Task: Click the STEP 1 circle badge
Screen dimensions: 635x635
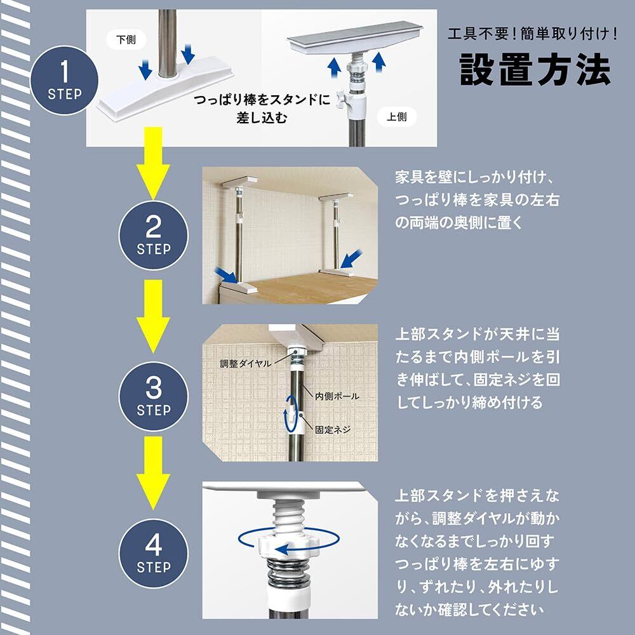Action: (64, 80)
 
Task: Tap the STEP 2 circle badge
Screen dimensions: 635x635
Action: (154, 236)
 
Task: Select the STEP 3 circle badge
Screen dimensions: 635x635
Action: (154, 396)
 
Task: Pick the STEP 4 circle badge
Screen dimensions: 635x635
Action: (154, 553)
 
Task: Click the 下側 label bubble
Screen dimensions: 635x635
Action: (126, 39)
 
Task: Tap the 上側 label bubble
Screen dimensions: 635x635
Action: (396, 117)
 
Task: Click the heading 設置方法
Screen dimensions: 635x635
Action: (535, 70)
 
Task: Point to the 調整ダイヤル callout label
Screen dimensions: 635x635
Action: (245, 363)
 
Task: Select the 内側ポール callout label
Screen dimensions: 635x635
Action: (337, 396)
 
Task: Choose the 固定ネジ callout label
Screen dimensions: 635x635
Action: (333, 429)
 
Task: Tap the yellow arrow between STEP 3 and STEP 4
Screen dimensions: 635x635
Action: (153, 472)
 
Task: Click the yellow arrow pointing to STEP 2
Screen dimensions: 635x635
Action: (153, 163)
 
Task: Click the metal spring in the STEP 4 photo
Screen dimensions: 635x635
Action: (288, 572)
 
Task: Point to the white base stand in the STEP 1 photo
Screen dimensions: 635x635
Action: (165, 88)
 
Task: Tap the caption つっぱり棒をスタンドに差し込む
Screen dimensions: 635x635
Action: (262, 109)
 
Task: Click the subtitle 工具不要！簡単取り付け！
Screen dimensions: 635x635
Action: (533, 33)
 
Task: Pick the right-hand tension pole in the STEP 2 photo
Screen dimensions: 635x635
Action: (336, 235)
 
